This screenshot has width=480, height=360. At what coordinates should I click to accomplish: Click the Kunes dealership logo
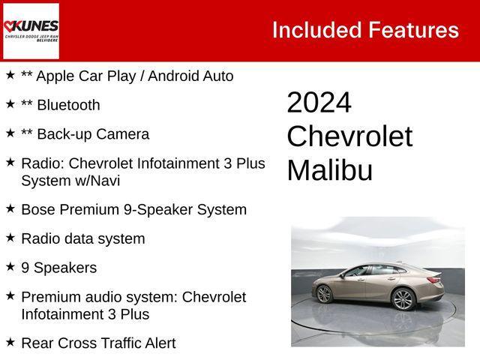31,30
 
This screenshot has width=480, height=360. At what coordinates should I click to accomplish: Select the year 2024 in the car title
319,103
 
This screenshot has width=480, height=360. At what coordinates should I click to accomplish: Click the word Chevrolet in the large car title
349,136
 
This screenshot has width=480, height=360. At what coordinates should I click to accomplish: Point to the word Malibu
329,170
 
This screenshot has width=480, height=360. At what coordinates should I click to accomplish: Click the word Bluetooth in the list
68,105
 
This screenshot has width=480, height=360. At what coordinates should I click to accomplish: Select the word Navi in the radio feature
103,180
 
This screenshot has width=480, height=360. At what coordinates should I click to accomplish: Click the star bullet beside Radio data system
10,238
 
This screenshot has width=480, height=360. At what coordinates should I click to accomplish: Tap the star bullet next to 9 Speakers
10,267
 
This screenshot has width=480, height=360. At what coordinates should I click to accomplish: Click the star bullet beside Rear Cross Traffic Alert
10,342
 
